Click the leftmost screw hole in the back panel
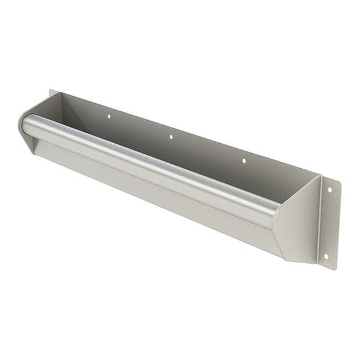(x=108, y=116)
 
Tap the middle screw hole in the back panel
(x=171, y=136)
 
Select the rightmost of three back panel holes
(x=244, y=161)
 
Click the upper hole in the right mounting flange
(x=329, y=190)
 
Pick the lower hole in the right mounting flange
(x=325, y=256)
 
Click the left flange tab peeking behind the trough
(x=52, y=95)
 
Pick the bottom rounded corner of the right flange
(x=330, y=267)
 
